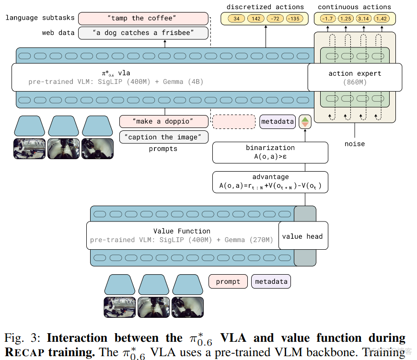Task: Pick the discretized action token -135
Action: (x=294, y=19)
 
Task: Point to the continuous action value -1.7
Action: (x=327, y=19)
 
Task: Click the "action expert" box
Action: (x=355, y=77)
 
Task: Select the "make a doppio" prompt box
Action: (x=164, y=121)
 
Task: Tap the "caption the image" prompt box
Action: (x=164, y=137)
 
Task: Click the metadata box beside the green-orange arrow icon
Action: (x=278, y=122)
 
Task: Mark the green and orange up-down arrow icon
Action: (x=305, y=122)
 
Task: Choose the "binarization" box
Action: (x=270, y=152)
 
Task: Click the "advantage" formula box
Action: (x=270, y=182)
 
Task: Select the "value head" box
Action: (x=302, y=236)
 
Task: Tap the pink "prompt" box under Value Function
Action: (x=228, y=281)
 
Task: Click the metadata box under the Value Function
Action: (x=271, y=281)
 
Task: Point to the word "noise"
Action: (x=354, y=144)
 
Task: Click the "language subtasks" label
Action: (x=40, y=18)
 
